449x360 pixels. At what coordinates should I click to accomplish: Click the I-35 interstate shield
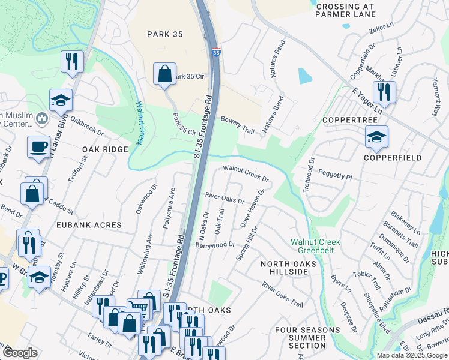[x=215, y=53]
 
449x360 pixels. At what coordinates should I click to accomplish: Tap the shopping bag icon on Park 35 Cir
[x=164, y=74]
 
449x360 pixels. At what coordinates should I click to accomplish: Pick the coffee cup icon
[x=38, y=146]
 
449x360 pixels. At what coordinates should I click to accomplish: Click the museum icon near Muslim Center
[x=42, y=119]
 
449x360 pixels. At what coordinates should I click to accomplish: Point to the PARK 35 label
[x=164, y=34]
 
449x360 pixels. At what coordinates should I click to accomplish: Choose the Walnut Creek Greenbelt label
[x=315, y=246]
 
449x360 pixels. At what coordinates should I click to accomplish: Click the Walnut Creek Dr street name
[x=246, y=173]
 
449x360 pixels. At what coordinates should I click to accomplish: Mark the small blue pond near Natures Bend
[x=305, y=76]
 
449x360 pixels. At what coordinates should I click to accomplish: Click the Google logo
[x=20, y=353]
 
